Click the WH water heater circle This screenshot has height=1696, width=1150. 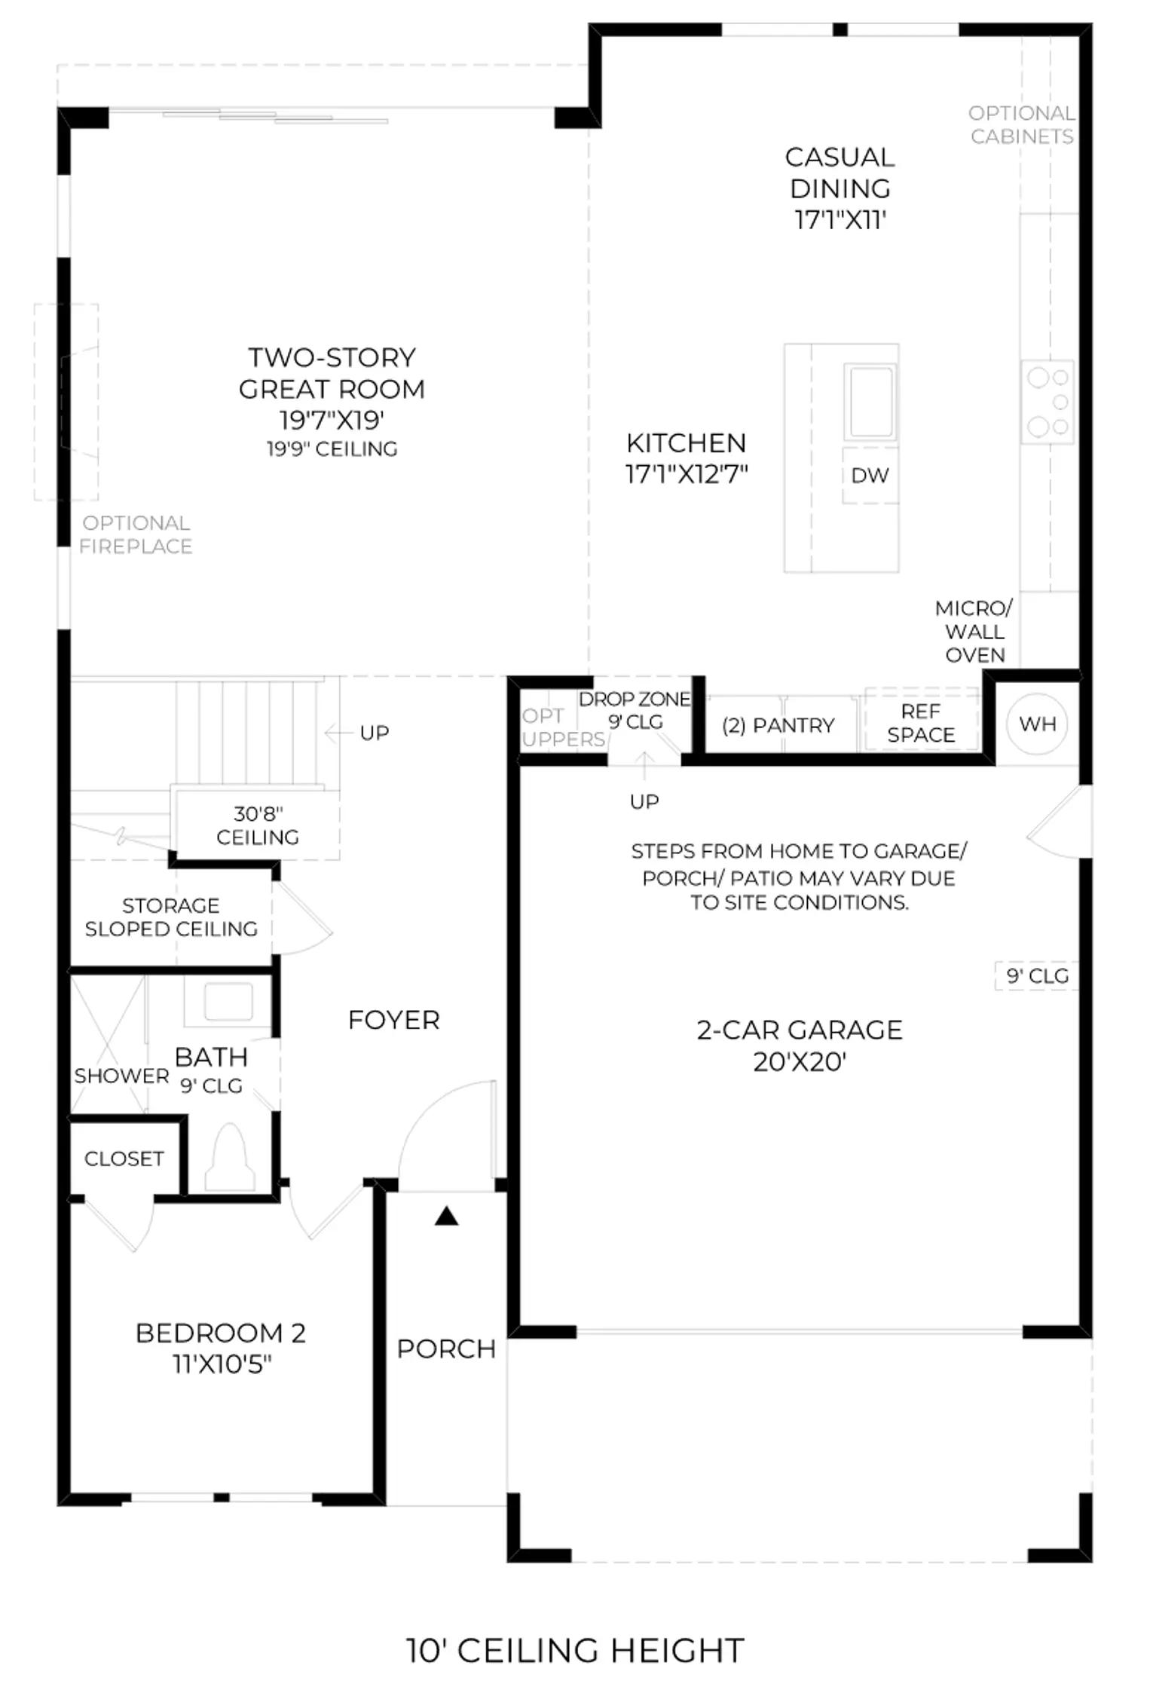(x=1038, y=724)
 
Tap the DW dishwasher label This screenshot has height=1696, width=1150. (x=870, y=475)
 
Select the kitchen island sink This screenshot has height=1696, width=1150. (x=870, y=401)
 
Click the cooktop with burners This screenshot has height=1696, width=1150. (x=1048, y=402)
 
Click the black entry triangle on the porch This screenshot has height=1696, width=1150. (x=447, y=1215)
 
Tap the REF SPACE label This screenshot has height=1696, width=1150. (x=921, y=723)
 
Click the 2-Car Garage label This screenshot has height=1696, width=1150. (x=800, y=1045)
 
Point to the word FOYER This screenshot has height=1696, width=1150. (x=394, y=1020)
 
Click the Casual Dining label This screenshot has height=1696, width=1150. (x=840, y=188)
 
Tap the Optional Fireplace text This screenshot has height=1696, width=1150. (x=136, y=534)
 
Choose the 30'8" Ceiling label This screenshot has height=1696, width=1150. (x=258, y=825)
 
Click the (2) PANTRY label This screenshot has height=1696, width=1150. (x=778, y=725)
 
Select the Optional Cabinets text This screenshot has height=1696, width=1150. (x=1022, y=124)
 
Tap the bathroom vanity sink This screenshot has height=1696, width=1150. (x=228, y=1001)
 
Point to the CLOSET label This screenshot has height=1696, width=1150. (x=124, y=1159)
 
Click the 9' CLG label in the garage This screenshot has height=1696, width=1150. (x=1038, y=976)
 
